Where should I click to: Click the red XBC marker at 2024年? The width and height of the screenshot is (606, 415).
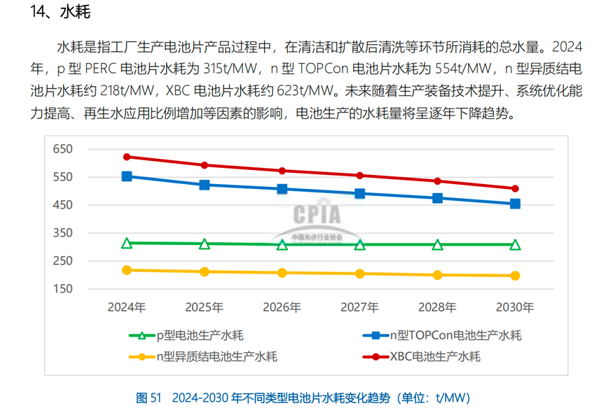point(127,157)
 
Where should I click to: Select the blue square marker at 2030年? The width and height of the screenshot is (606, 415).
point(515,204)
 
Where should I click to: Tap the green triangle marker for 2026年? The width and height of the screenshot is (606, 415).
point(282,244)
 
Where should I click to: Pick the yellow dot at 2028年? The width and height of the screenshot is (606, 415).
point(438,275)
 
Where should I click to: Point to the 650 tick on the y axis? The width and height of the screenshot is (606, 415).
point(63,149)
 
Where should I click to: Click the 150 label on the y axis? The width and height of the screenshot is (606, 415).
point(63,288)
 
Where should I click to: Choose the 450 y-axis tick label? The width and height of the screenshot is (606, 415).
point(63,205)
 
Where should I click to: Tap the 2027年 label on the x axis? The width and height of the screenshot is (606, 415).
point(359,307)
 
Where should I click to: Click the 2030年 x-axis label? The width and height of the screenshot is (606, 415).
point(515,307)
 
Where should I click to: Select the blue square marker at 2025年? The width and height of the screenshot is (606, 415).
point(205,185)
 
